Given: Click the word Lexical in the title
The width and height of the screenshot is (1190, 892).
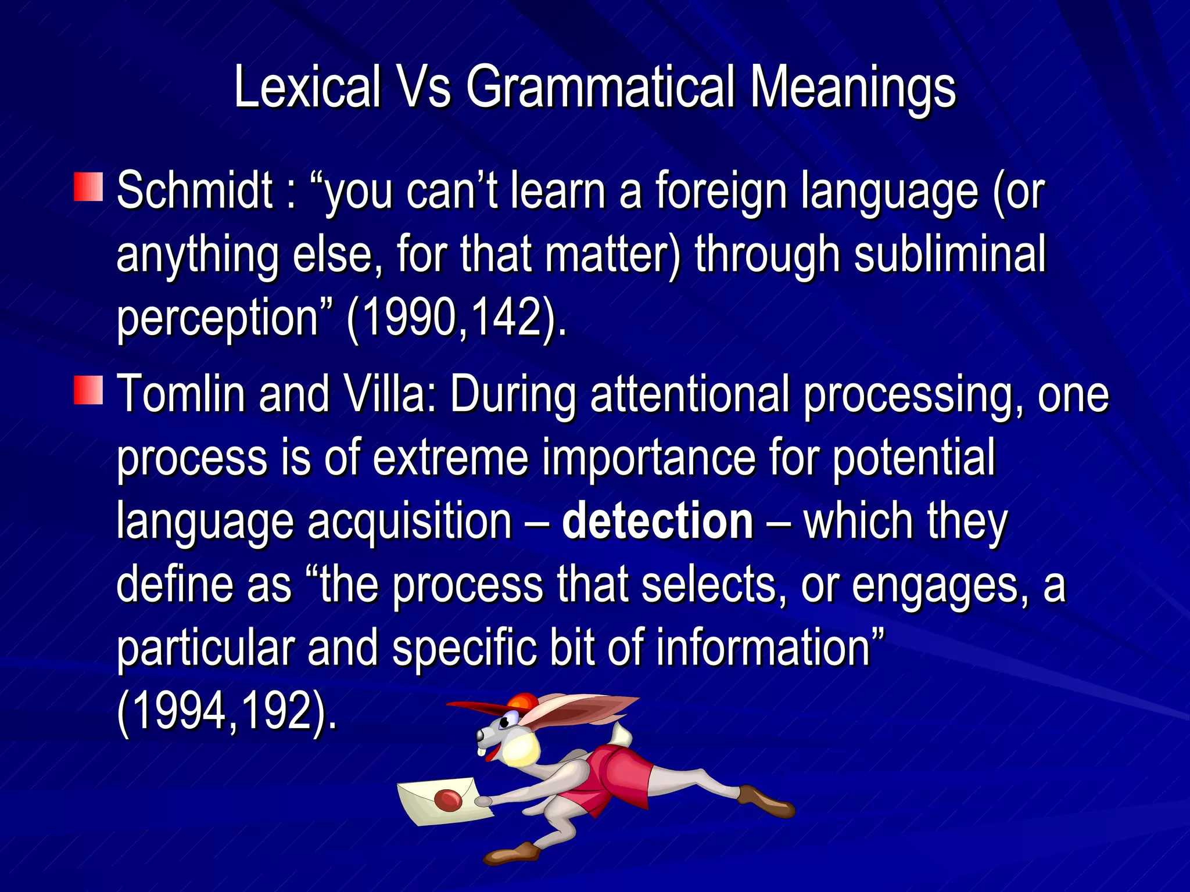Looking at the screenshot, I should (307, 87).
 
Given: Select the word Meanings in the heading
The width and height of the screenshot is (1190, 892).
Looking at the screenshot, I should (852, 87).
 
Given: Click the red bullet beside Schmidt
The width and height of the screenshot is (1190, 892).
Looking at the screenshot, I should (88, 187).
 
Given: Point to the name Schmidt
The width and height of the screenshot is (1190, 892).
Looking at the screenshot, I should (195, 190).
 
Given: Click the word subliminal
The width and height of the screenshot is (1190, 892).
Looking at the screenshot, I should (949, 254).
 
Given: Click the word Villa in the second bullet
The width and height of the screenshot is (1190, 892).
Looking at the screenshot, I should (390, 394).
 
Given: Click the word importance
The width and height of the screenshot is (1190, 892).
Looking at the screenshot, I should (649, 458).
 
